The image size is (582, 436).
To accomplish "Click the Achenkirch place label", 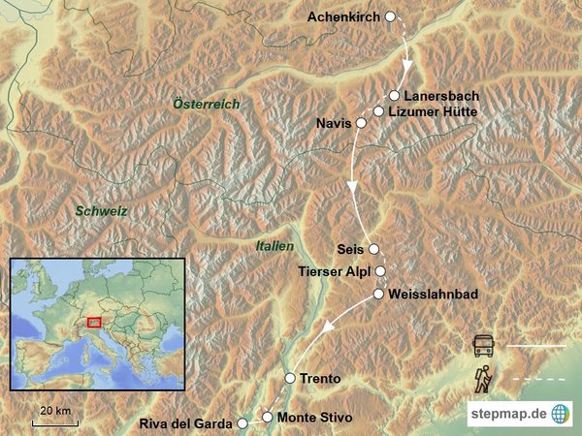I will point(344,17).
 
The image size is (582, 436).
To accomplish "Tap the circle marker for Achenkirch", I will point(391,16).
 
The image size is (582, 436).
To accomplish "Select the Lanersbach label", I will point(440,96).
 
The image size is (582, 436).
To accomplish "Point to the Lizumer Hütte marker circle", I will point(378,111).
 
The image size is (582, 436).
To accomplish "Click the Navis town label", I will point(333,124).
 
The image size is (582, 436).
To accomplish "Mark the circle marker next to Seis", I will point(373,248).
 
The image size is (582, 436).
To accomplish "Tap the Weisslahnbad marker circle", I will point(378,293).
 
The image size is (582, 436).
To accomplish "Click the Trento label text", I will point(321,378).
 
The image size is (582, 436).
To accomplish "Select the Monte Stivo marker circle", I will point(268,417).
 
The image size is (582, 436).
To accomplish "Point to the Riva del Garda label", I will point(186,423).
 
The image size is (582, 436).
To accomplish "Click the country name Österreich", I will point(205,104).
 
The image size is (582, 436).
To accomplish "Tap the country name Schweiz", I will point(102,210).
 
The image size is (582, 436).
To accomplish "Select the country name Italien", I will point(275,247).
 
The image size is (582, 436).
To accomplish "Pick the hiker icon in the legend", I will point(483,378).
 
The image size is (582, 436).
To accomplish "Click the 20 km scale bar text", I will point(55,411).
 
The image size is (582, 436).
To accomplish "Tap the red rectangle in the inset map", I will point(94,323).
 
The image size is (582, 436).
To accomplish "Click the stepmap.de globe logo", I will point(561,413).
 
